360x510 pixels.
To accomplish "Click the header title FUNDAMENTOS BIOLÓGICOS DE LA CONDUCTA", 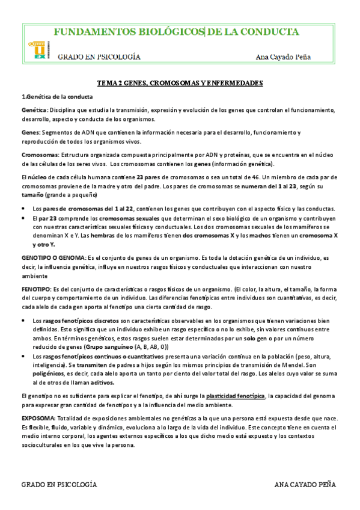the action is coord(176,32).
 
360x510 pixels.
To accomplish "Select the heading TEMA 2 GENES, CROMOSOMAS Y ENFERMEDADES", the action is coord(180,84).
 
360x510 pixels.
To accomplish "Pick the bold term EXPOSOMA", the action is coord(39,418).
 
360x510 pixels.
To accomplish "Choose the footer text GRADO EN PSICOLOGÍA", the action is coord(59,484).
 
